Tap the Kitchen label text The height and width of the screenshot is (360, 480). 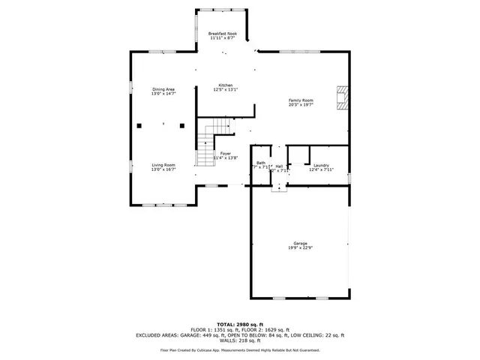click(x=225, y=85)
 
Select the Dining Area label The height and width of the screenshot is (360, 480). click(x=163, y=89)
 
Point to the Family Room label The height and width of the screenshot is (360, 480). click(x=301, y=100)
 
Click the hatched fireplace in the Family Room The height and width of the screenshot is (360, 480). click(x=342, y=97)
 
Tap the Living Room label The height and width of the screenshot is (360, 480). click(x=163, y=165)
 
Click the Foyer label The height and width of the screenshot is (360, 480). click(x=225, y=153)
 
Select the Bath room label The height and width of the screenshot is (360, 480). click(x=260, y=163)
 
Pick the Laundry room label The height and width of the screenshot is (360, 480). click(x=320, y=165)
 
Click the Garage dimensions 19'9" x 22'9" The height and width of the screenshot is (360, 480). click(x=300, y=248)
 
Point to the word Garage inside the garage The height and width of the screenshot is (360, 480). click(x=300, y=244)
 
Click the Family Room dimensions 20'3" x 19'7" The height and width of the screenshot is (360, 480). click(x=301, y=104)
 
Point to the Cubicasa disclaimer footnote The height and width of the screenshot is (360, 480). click(x=239, y=349)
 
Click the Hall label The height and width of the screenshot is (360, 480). click(x=279, y=166)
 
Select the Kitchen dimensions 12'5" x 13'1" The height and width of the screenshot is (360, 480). click(x=225, y=89)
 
